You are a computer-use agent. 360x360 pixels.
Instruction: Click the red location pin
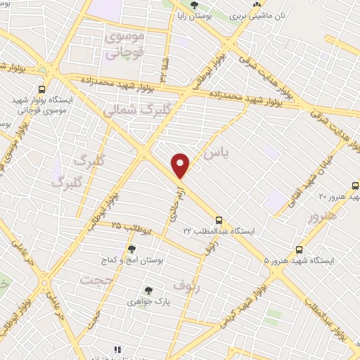[181, 165]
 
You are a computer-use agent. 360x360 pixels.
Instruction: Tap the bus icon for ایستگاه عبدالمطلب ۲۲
[219, 219]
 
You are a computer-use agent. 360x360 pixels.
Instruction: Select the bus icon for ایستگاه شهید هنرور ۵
[300, 250]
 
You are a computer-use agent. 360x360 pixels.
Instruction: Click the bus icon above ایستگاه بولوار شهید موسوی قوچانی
[41, 89]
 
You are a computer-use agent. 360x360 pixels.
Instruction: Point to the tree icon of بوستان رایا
[195, 6]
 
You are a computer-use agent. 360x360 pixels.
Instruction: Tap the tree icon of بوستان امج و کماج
[131, 249]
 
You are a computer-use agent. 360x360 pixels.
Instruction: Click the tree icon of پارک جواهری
[148, 289]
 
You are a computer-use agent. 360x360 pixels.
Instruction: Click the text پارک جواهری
[148, 301]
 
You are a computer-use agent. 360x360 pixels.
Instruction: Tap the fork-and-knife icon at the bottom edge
[117, 349]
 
